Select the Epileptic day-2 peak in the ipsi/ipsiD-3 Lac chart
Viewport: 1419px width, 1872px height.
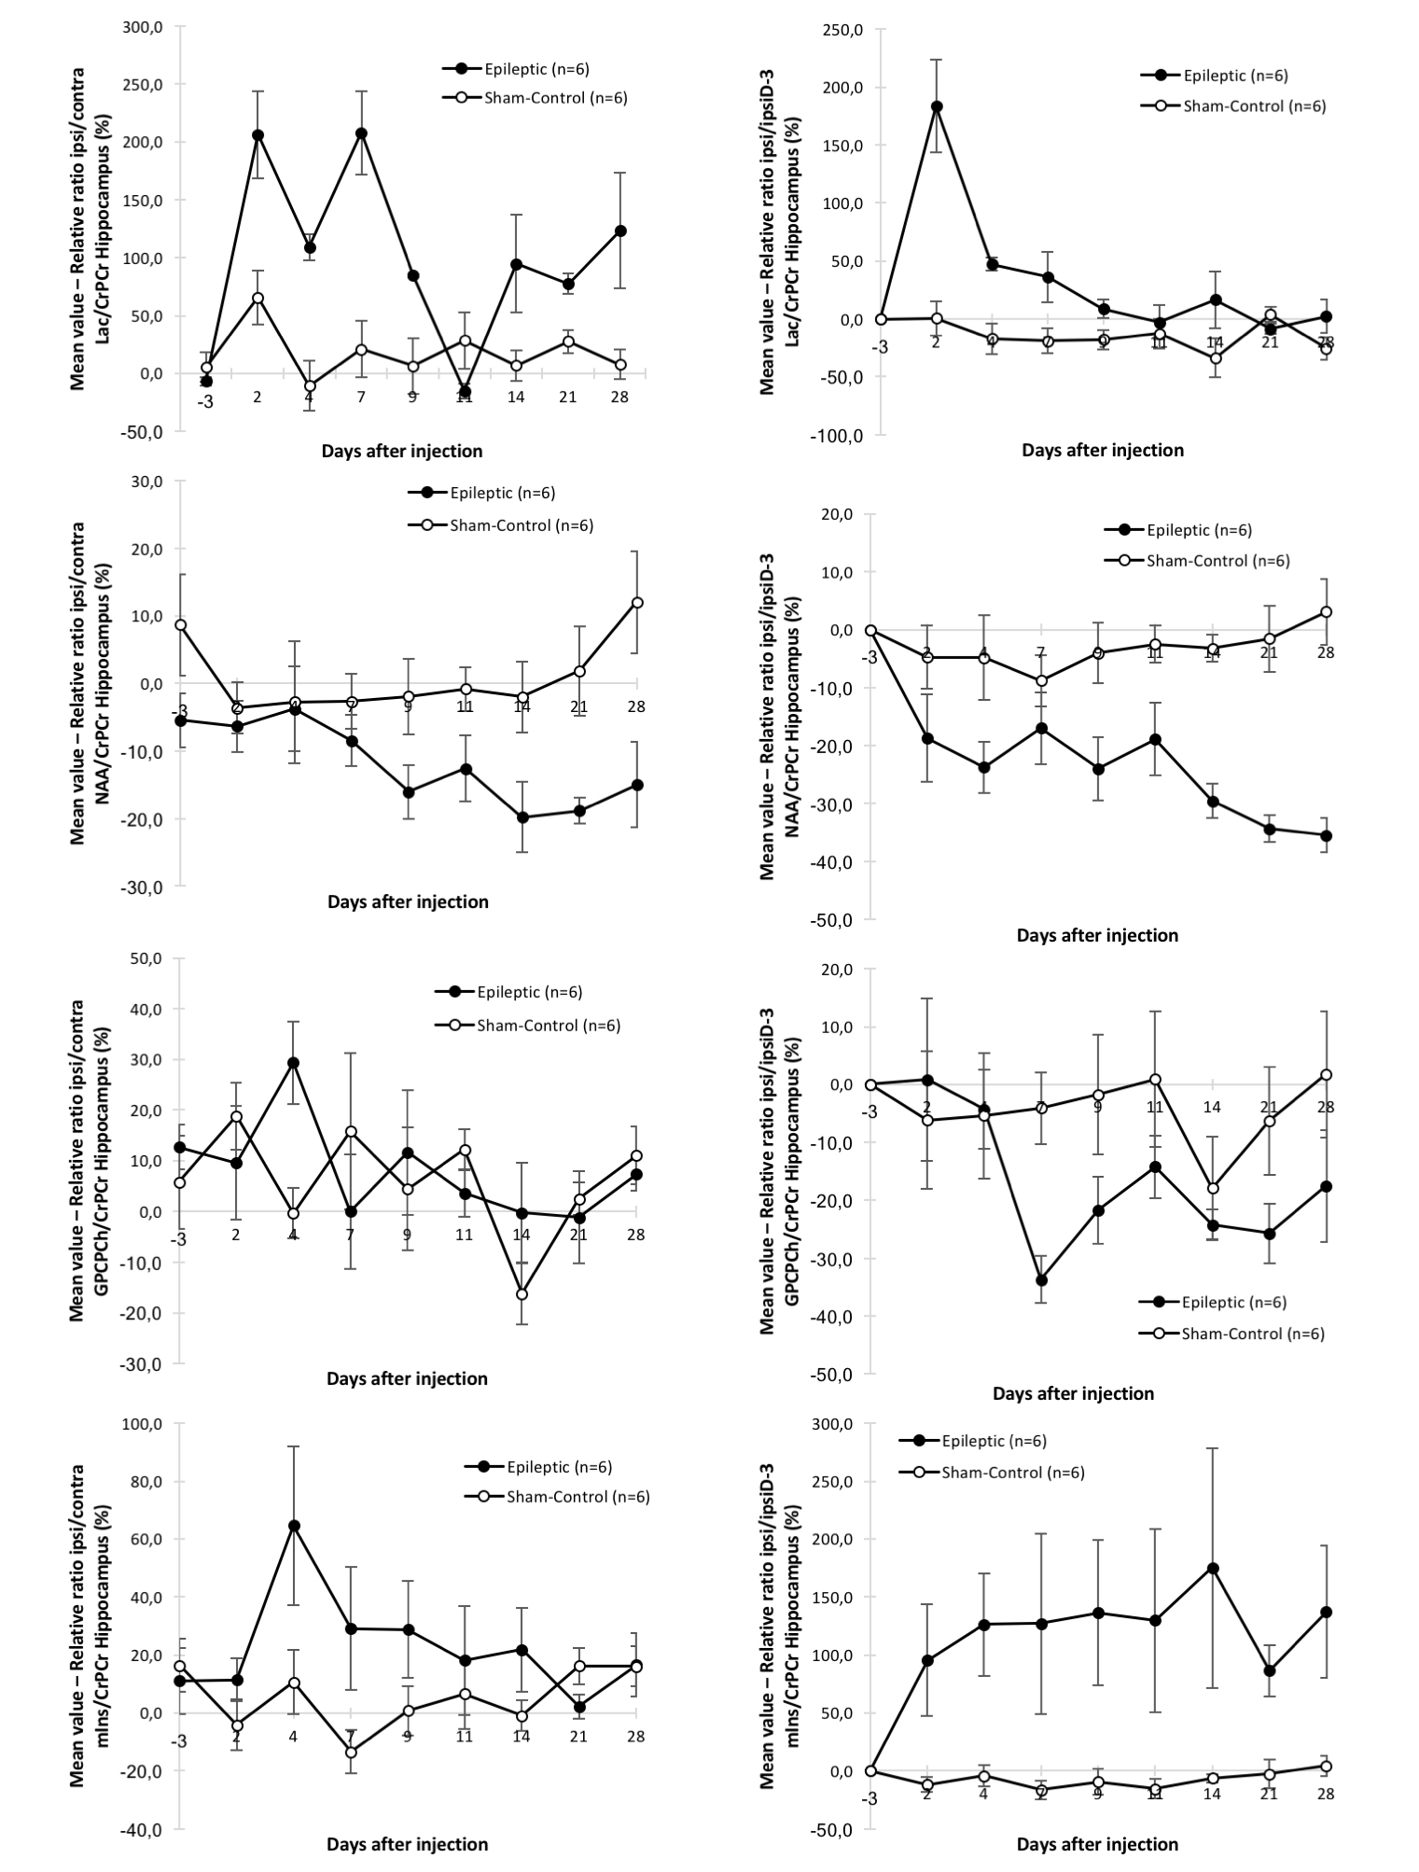(x=936, y=106)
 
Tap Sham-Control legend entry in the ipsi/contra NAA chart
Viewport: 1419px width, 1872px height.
(x=521, y=524)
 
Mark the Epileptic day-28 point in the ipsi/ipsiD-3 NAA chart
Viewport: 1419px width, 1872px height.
(x=1326, y=836)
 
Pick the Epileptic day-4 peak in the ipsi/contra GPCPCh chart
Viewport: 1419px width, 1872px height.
(x=293, y=1063)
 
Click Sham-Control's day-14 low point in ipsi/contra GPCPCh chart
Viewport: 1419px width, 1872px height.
(x=522, y=1294)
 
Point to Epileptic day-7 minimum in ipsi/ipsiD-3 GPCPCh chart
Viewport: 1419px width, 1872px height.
(x=1041, y=1279)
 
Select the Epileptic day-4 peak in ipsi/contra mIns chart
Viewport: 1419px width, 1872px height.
(x=293, y=1526)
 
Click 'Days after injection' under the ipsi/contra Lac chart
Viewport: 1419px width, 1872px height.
(x=402, y=452)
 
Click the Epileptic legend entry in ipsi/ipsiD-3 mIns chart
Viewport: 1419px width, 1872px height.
(x=993, y=1442)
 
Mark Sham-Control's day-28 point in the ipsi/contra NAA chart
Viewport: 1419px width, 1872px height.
(x=636, y=603)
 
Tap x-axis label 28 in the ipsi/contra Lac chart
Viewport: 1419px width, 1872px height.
(x=619, y=398)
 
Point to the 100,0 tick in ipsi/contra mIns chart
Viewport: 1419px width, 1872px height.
(x=145, y=1425)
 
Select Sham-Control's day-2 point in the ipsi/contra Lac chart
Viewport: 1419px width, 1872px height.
(x=257, y=298)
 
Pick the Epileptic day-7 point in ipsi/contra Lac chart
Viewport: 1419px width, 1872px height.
(x=361, y=133)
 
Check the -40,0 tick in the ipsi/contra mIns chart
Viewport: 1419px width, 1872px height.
(x=145, y=1831)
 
